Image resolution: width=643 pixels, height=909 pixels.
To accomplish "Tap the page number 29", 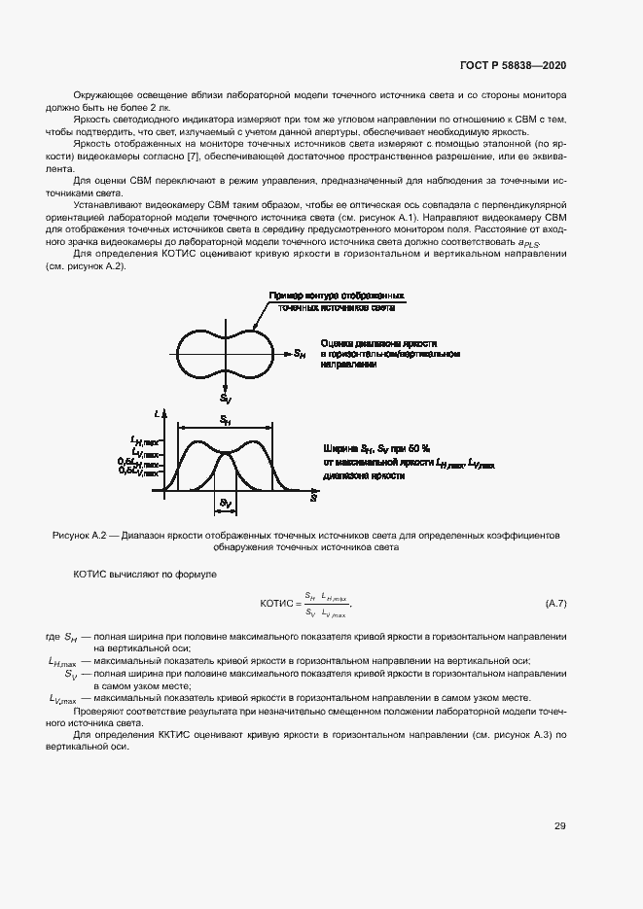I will click(560, 826).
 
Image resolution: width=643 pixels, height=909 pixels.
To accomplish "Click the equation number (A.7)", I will click(555, 604).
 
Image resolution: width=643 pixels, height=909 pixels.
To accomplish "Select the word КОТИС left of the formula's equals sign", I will click(279, 604).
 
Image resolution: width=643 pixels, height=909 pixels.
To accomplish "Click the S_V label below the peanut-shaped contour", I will click(226, 399).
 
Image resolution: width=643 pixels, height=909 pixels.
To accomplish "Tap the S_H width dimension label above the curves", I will click(225, 419).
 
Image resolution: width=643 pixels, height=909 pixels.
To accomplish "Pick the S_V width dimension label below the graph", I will click(225, 504).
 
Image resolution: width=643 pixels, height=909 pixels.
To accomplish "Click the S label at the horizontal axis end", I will click(314, 496).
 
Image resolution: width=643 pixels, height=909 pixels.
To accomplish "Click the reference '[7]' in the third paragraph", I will click(194, 157).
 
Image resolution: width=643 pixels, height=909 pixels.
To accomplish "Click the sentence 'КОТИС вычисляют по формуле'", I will click(145, 575).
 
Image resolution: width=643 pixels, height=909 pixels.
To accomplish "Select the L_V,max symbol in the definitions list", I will click(63, 698).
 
